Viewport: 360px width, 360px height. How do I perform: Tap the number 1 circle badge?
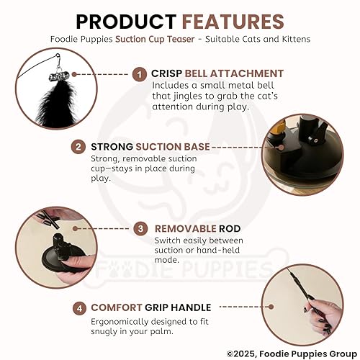point(140,73)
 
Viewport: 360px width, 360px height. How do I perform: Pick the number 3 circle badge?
point(143,229)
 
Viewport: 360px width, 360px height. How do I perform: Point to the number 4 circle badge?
point(79,307)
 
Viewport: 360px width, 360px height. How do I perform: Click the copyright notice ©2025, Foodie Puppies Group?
point(288,353)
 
